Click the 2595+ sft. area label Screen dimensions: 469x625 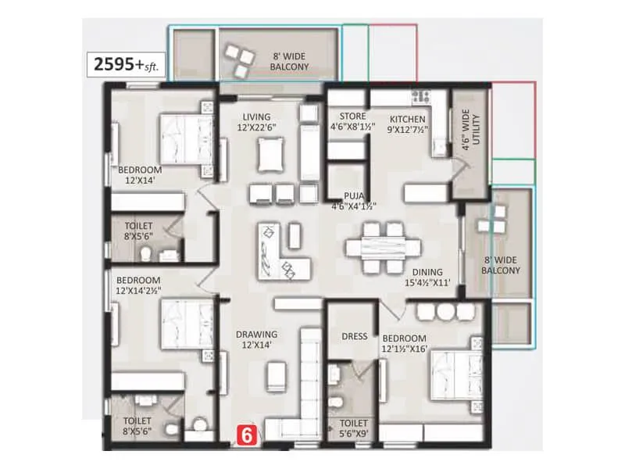(126, 65)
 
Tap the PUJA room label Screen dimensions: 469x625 (353, 202)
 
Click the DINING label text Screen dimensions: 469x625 (428, 277)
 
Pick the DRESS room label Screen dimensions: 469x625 (354, 336)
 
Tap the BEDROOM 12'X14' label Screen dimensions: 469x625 (140, 175)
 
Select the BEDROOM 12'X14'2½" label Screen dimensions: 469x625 (139, 285)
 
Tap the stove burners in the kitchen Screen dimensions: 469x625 (421, 96)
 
